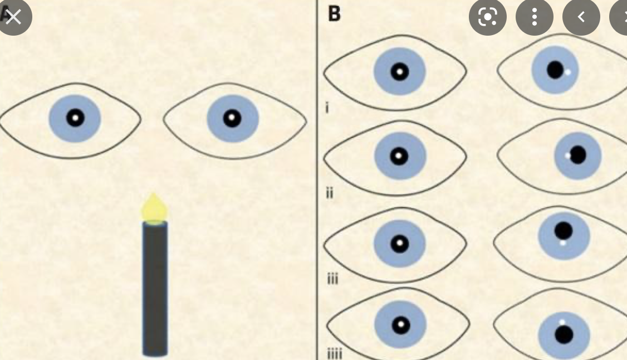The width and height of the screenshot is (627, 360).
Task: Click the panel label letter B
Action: [334, 13]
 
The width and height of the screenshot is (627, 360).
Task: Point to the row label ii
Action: [329, 193]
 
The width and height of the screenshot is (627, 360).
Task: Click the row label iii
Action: [332, 279]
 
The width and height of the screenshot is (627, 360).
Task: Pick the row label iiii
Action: [334, 353]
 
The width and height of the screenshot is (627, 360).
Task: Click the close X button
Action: [13, 17]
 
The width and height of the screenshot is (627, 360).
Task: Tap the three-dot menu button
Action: [534, 17]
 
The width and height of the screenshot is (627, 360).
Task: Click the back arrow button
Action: [581, 17]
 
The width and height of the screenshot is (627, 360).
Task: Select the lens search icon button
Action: [487, 17]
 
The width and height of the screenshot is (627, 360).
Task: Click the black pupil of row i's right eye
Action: [555, 70]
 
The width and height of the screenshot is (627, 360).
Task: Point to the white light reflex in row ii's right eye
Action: [568, 156]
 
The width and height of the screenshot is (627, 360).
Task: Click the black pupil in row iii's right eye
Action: [564, 230]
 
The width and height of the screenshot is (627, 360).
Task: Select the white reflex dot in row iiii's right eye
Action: [562, 322]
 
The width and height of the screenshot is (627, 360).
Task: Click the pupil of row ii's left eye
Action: [399, 157]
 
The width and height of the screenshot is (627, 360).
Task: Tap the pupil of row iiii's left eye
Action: [400, 325]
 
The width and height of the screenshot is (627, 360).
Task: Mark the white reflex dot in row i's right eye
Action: [567, 72]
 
